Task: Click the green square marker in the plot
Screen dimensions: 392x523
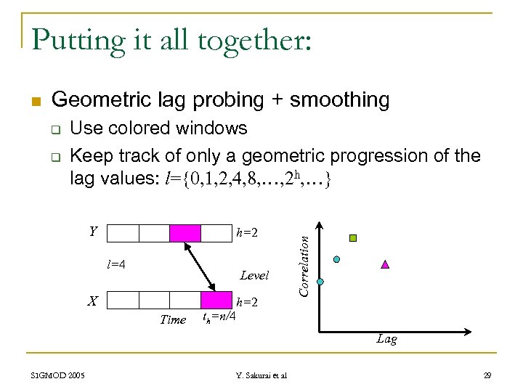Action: click(x=353, y=237)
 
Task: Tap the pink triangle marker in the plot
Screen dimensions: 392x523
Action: click(x=385, y=264)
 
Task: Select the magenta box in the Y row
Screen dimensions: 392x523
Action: click(x=185, y=233)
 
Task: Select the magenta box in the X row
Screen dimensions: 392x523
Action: click(x=215, y=301)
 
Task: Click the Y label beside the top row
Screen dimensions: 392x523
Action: click(x=93, y=232)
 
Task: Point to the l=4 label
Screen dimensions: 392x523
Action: click(x=116, y=264)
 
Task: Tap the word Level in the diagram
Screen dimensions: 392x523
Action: click(x=254, y=276)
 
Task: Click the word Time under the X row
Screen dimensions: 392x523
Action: click(x=172, y=319)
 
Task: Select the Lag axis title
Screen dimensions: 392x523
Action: click(x=386, y=339)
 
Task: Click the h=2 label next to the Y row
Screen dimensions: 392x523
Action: click(x=247, y=233)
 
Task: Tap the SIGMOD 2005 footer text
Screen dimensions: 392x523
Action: click(x=57, y=375)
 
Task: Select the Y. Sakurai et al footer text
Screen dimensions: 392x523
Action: click(x=261, y=375)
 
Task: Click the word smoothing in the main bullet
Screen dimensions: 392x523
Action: click(x=339, y=99)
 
